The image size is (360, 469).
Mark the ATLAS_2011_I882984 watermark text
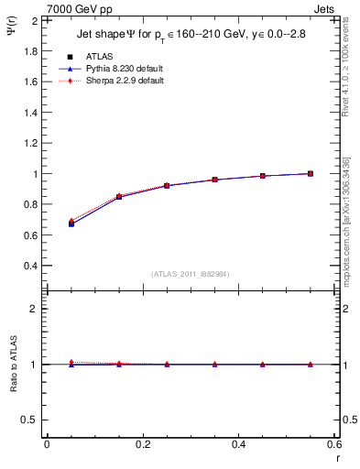pyautogui.click(x=191, y=274)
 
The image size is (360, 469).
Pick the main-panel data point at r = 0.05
pyautogui.click(x=71, y=223)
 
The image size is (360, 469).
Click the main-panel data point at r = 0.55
pyautogui.click(x=310, y=173)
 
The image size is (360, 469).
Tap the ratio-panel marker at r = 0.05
pyautogui.click(x=71, y=364)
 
